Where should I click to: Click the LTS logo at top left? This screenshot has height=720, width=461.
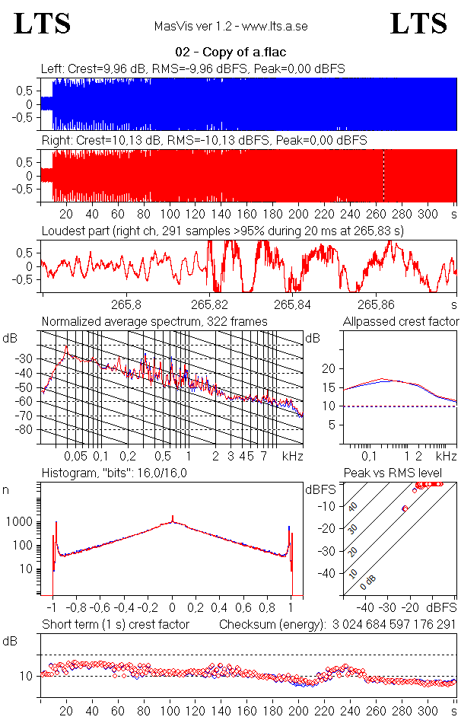[x=43, y=24]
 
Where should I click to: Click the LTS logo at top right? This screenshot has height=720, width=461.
[x=418, y=24]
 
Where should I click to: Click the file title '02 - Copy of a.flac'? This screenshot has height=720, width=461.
[x=230, y=53]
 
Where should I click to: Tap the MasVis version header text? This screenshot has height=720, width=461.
[x=230, y=26]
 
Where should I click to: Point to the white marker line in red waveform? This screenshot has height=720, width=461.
[x=383, y=175]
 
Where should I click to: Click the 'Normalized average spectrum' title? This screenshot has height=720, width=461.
[x=154, y=321]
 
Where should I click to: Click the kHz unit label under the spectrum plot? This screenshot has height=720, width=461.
[x=292, y=457]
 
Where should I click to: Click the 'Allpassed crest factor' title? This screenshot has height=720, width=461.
[x=401, y=321]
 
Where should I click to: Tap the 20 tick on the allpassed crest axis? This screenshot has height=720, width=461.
[x=329, y=368]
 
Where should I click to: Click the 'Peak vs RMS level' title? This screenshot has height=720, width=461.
[x=403, y=473]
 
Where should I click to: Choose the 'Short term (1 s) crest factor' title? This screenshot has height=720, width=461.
[x=115, y=624]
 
